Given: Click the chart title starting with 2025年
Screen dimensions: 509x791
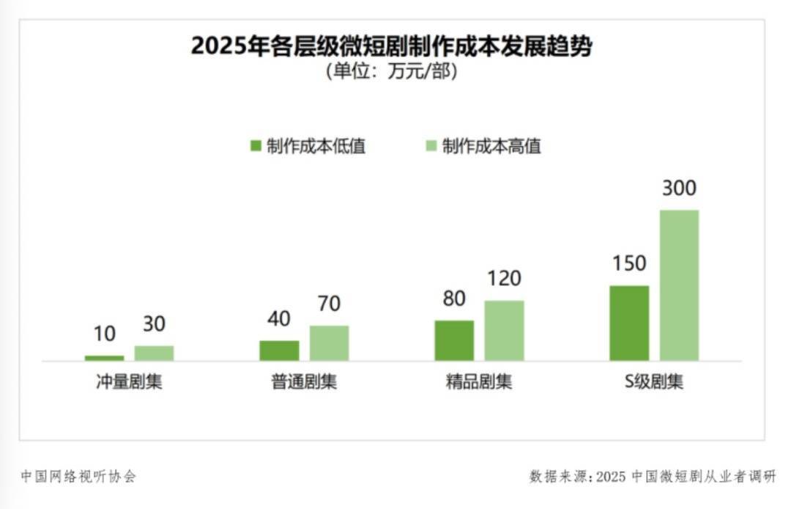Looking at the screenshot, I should [391, 46].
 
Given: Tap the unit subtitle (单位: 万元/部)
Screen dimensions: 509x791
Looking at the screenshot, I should [391, 73].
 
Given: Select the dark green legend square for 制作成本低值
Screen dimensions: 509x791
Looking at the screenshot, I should [255, 146].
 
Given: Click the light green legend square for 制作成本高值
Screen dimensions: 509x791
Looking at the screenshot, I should [431, 146].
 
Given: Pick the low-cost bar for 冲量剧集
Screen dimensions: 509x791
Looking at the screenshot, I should [104, 358].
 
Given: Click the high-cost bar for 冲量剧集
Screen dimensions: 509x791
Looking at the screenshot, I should [154, 353].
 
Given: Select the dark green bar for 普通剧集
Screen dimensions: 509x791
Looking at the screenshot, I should [279, 351].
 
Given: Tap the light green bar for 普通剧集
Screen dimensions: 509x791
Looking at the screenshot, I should [329, 343].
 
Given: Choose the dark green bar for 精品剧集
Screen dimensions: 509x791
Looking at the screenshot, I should [454, 340].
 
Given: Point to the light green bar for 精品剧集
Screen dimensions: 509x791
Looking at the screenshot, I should [504, 331].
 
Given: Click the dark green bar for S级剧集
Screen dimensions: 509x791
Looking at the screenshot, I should [629, 323].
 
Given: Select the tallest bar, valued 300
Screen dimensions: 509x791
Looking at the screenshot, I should [679, 285].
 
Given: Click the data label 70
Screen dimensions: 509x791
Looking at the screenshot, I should [329, 304].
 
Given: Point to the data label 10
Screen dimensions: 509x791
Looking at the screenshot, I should [104, 334].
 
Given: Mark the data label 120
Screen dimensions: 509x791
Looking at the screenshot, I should [504, 279].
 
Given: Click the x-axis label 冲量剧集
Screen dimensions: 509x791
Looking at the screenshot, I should [129, 382].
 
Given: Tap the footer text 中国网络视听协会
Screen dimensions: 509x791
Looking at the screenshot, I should [78, 477].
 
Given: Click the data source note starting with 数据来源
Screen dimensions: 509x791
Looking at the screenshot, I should [652, 477].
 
